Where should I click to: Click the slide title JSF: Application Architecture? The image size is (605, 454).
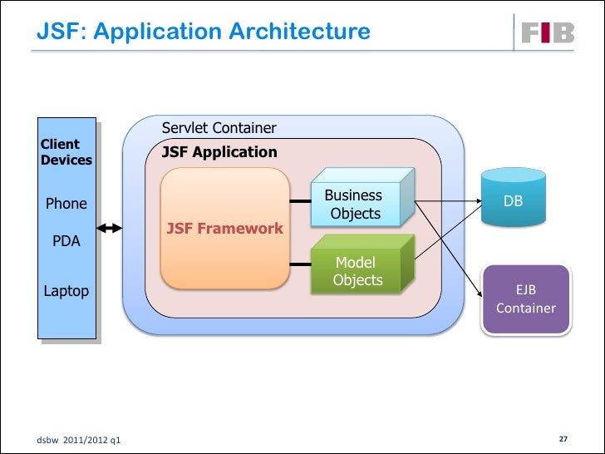(x=204, y=32)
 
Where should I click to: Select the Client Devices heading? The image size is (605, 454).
(x=66, y=152)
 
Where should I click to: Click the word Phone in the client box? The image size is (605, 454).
(x=66, y=204)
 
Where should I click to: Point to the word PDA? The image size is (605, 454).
(x=66, y=241)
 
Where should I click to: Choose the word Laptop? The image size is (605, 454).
(x=66, y=291)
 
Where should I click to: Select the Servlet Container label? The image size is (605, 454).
(x=219, y=128)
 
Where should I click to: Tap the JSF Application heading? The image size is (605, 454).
(x=219, y=152)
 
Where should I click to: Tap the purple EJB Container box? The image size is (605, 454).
(x=526, y=299)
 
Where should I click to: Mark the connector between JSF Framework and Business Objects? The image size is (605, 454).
(x=299, y=200)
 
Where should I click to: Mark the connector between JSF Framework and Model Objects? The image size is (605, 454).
(x=299, y=265)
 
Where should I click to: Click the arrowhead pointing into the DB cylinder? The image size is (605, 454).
(x=475, y=201)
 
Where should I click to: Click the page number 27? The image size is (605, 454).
(x=563, y=438)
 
